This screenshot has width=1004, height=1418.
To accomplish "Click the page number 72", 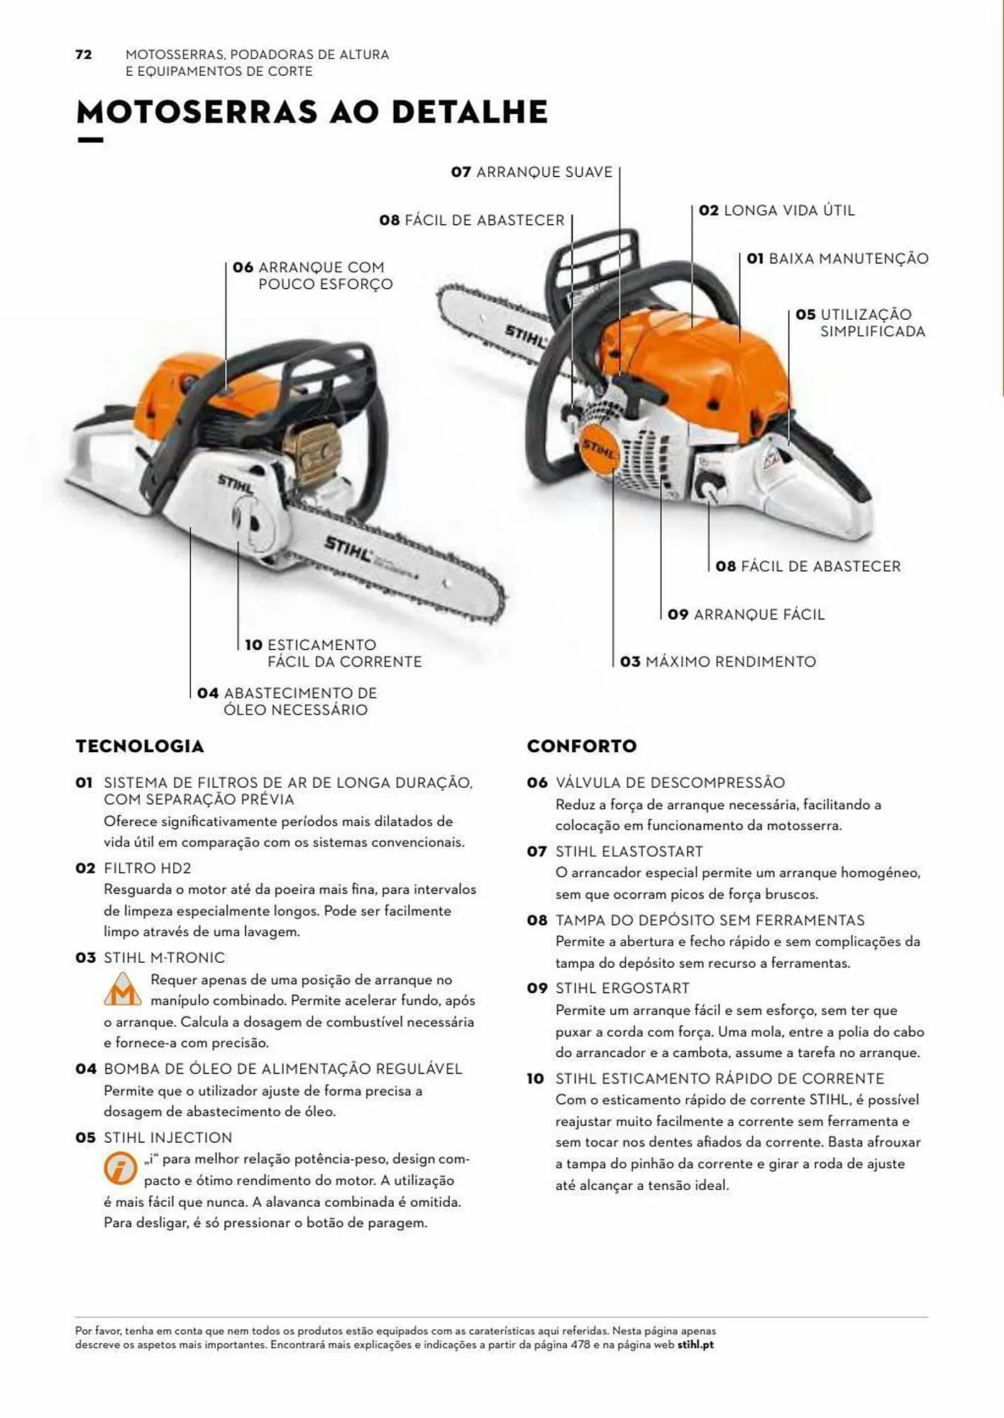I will (x=84, y=55).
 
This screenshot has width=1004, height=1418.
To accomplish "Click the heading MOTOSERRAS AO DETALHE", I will (x=312, y=112).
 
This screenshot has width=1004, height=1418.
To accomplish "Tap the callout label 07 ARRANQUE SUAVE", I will (x=532, y=172).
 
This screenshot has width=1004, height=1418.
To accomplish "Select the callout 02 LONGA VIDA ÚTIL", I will (x=777, y=211).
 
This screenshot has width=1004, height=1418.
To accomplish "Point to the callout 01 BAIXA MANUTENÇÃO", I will (x=837, y=259).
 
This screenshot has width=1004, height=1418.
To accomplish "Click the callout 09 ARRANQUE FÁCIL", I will (x=746, y=615).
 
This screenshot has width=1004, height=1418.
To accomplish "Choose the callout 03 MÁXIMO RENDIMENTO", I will (x=718, y=662).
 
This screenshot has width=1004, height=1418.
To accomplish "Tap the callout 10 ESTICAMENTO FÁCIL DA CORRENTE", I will (x=333, y=653).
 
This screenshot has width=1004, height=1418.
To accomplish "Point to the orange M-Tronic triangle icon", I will (x=122, y=990).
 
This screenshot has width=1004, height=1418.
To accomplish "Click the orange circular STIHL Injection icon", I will (x=120, y=1168).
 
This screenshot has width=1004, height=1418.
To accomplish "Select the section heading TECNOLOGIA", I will (x=140, y=747).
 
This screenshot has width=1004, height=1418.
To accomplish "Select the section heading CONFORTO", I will (x=582, y=747).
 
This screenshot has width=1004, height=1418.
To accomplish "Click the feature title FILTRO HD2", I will (x=148, y=869).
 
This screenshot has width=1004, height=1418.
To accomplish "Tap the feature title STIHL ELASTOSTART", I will (x=629, y=852).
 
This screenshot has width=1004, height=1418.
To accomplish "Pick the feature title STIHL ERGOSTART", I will (x=622, y=988).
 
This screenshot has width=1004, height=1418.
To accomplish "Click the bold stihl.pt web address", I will (x=695, y=1344).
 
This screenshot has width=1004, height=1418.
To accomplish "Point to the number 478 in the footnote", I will (x=580, y=1344).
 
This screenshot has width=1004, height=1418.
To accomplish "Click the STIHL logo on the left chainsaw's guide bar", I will (x=348, y=547).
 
